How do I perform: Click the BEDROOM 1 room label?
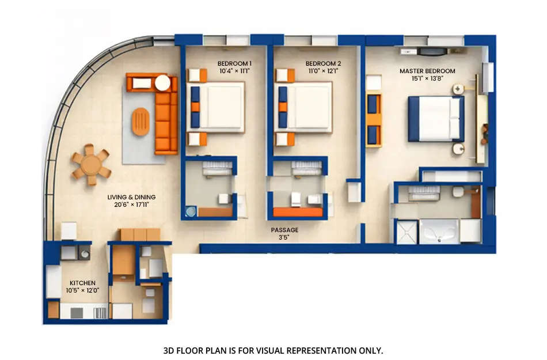[x=234, y=63]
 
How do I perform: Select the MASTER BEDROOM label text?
[x=427, y=71]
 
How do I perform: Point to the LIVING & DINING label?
[x=131, y=197]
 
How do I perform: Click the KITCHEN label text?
[x=82, y=283]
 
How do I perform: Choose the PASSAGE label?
[x=284, y=230]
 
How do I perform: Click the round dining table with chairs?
[x=91, y=165]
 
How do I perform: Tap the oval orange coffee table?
[x=140, y=122]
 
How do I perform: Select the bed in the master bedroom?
[x=436, y=118]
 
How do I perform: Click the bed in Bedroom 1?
[x=217, y=107]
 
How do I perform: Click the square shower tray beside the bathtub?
[x=407, y=232]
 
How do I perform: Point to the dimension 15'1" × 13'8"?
[x=427, y=79]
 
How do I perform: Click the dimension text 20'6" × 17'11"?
[x=131, y=205]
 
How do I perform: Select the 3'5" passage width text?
[x=284, y=237]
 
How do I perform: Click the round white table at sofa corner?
[x=163, y=83]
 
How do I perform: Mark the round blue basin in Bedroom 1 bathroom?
[x=191, y=211]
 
